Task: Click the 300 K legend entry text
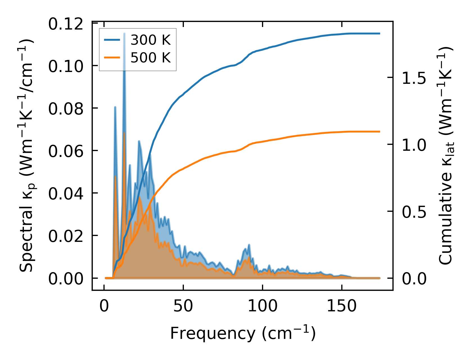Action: [150, 40]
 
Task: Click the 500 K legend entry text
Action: [150, 58]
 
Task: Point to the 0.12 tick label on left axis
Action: [66, 24]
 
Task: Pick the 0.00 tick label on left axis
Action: [66, 279]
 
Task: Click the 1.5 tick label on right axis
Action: [414, 78]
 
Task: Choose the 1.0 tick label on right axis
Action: [414, 145]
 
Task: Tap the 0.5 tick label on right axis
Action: [414, 212]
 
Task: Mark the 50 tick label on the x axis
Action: [183, 306]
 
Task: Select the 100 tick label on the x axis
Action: [263, 306]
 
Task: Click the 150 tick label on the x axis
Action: [342, 306]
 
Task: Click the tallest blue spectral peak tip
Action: [124, 33]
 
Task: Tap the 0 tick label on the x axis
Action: [104, 306]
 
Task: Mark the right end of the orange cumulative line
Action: [380, 131]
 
